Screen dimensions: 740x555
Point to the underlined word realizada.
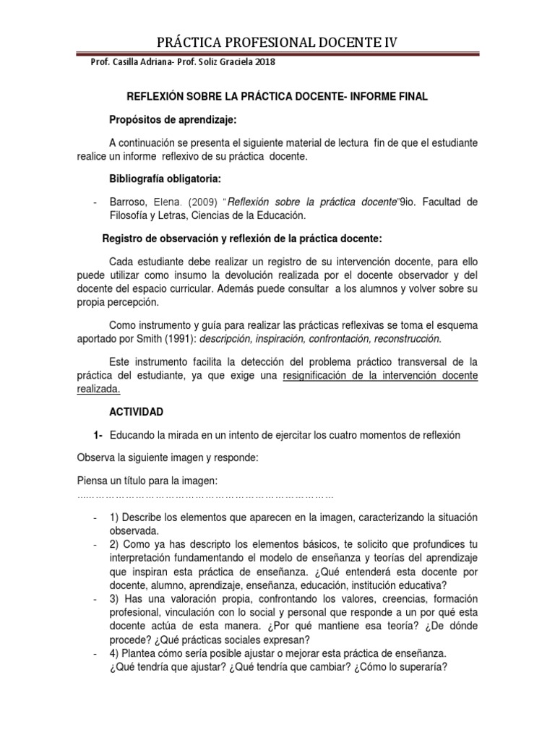click(x=99, y=388)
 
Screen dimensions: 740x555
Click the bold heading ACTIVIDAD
click(x=137, y=412)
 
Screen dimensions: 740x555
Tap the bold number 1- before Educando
click(x=98, y=434)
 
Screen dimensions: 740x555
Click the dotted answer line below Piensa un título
click(x=205, y=496)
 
